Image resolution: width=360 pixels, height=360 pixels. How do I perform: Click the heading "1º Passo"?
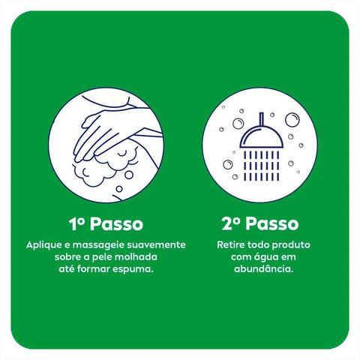(106, 223)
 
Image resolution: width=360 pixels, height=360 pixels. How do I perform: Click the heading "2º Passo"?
(260, 223)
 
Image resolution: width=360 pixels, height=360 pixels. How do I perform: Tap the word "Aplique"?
(44, 245)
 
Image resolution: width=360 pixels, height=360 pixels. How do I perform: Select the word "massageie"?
(98, 245)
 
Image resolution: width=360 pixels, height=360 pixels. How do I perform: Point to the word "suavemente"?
(156, 244)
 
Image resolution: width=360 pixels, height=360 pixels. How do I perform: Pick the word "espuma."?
(133, 269)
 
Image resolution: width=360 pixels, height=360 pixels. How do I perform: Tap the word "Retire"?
(231, 244)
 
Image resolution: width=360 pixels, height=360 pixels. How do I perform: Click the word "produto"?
(291, 245)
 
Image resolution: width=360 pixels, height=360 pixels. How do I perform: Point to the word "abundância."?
(263, 269)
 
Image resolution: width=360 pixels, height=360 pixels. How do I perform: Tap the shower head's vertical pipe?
(262, 119)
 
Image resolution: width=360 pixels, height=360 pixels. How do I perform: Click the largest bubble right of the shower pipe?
(292, 120)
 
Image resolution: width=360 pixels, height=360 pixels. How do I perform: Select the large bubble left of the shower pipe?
(238, 124)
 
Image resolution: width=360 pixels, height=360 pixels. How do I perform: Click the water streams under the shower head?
(262, 166)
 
